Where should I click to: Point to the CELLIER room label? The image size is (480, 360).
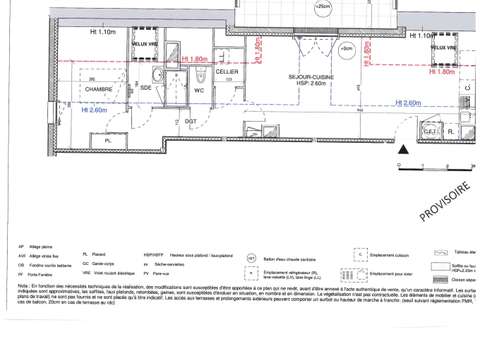pyautogui.click(x=227, y=73)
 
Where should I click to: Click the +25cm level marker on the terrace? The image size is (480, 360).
pyautogui.click(x=322, y=8)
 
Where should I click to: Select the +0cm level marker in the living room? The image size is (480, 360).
pyautogui.click(x=346, y=48)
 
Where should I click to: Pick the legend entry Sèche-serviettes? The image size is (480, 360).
pyautogui.click(x=189, y=264)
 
